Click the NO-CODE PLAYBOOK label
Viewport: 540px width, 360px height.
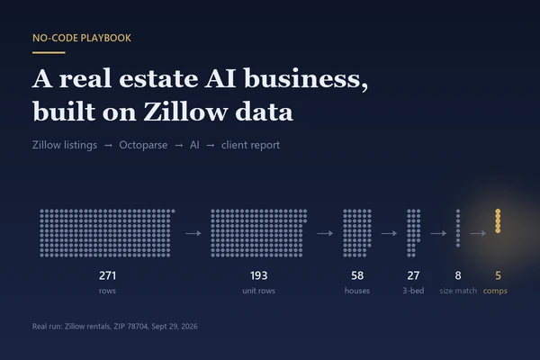tap(82, 38)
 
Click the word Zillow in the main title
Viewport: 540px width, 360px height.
tap(184, 112)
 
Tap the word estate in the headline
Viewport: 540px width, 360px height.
tap(158, 78)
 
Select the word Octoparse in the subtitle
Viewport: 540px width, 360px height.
tap(143, 145)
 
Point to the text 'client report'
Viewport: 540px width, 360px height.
tap(250, 145)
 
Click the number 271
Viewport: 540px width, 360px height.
tap(107, 275)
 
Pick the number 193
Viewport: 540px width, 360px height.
tap(258, 275)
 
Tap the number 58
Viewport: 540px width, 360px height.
tap(357, 275)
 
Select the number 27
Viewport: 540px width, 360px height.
tap(413, 275)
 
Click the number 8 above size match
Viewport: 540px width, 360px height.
tap(458, 275)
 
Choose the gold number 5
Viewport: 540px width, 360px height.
tap(498, 275)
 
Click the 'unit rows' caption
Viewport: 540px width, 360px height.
tap(258, 291)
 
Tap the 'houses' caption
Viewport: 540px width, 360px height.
tap(357, 291)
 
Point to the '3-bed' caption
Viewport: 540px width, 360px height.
tap(413, 291)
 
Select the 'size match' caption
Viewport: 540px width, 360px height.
tap(458, 291)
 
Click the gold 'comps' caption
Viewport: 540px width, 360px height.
tap(495, 291)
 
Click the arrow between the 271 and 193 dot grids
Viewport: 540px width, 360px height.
tap(193, 233)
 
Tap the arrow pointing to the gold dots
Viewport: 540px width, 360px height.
tap(478, 233)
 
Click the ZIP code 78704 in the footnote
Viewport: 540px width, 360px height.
tap(138, 326)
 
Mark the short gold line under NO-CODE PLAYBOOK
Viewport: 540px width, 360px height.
tap(49, 53)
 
